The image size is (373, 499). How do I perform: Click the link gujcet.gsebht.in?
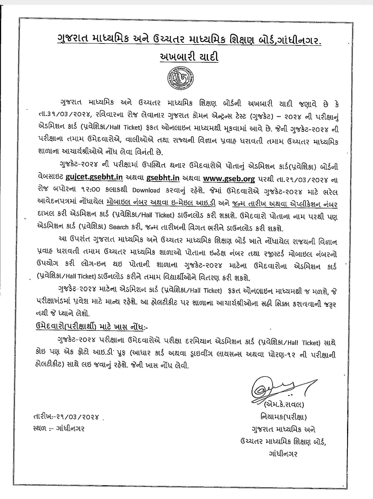click(x=94, y=178)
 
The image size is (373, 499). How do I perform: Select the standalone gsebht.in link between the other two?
click(x=163, y=178)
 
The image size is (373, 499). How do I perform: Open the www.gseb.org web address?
click(x=229, y=178)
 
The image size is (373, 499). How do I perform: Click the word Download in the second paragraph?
click(x=146, y=190)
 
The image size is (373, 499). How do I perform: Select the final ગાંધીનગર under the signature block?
click(x=283, y=453)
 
